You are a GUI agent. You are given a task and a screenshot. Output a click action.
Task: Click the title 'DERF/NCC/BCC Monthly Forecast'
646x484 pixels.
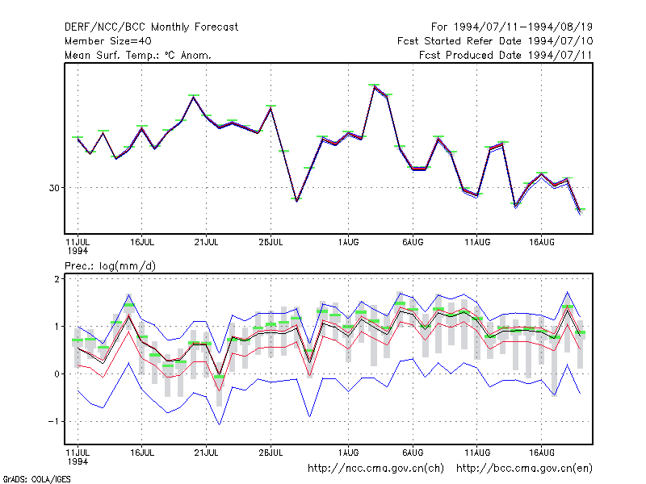click(x=151, y=27)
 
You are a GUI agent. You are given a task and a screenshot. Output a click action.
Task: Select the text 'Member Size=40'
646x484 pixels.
click(x=108, y=41)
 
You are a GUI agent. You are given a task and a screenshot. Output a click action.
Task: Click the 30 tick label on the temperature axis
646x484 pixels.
click(x=54, y=188)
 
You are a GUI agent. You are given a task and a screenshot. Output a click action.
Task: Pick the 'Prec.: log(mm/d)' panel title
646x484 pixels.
click(x=110, y=266)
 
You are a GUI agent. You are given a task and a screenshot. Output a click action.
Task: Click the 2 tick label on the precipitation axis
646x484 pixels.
click(x=57, y=279)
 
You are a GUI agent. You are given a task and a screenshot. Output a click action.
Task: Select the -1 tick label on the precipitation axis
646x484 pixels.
click(x=53, y=422)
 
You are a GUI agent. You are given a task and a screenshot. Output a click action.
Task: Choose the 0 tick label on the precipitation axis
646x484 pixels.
click(x=57, y=374)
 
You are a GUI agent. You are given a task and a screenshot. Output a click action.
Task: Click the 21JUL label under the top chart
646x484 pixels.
click(x=206, y=243)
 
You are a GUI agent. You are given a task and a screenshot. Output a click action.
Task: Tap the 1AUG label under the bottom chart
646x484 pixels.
click(x=348, y=453)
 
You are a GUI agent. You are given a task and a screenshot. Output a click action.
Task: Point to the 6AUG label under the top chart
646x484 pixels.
click(x=413, y=243)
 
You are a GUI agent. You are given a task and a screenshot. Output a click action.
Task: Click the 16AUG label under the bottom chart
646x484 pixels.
click(x=541, y=453)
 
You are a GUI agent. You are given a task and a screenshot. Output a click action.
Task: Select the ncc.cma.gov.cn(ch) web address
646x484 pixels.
click(x=375, y=469)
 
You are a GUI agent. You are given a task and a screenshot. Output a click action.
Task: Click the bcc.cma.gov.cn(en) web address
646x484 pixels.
click(x=524, y=469)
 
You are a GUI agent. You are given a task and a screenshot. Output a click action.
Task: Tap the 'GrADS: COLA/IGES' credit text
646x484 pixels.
click(x=36, y=479)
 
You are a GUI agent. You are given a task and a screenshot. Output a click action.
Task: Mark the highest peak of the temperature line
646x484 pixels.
click(x=374, y=86)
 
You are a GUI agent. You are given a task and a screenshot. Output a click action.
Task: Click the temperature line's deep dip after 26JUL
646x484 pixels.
click(x=296, y=200)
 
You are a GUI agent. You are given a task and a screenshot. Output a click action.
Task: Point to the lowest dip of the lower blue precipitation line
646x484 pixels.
click(x=219, y=424)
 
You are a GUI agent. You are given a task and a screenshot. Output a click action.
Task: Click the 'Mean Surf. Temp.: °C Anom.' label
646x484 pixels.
click(x=138, y=55)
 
